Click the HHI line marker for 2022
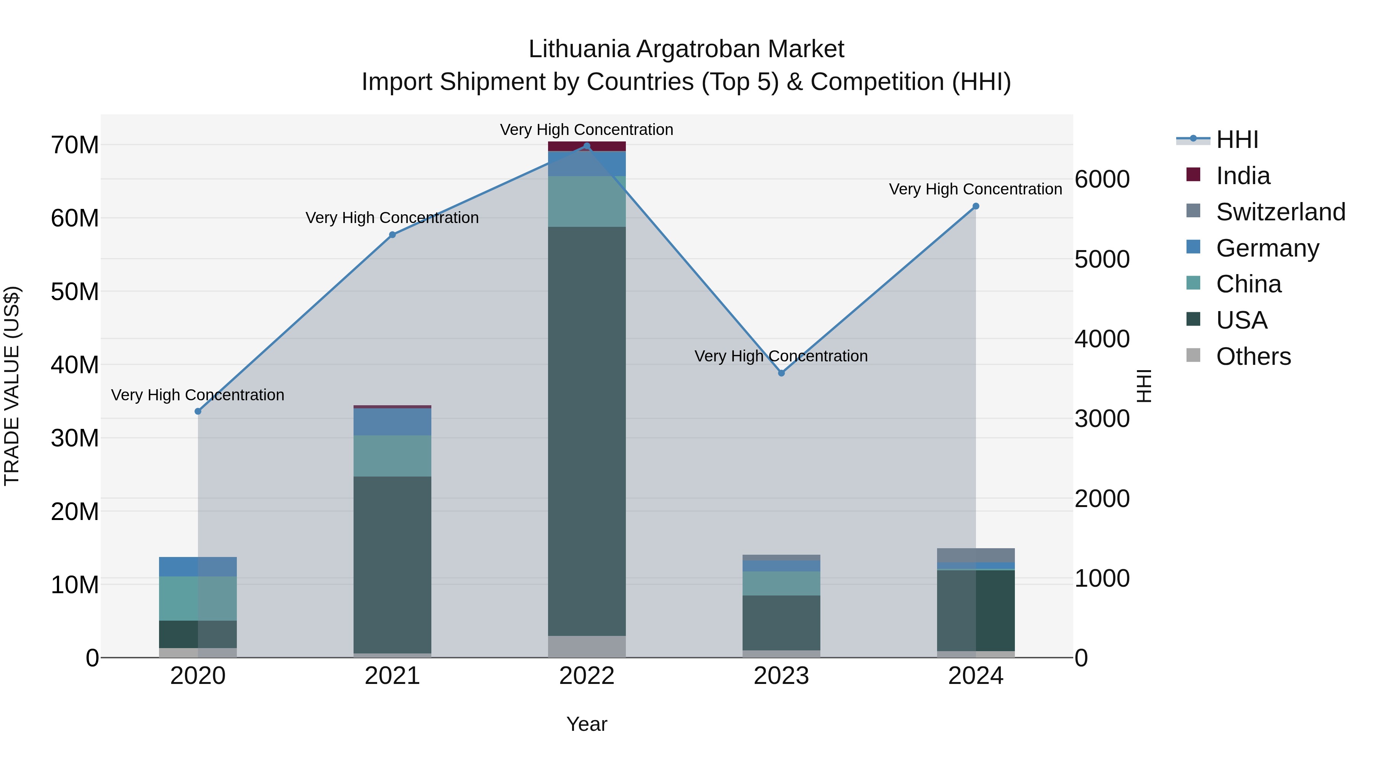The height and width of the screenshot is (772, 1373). click(x=587, y=146)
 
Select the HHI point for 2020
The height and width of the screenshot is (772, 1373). click(x=198, y=411)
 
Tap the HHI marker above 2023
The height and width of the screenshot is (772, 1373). click(x=781, y=373)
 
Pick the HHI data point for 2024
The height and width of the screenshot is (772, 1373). click(x=976, y=206)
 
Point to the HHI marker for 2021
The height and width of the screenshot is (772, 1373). click(x=392, y=235)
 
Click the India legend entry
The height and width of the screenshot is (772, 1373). click(x=1243, y=176)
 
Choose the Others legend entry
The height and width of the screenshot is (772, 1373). click(x=1253, y=356)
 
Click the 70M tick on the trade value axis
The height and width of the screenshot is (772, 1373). click(x=75, y=145)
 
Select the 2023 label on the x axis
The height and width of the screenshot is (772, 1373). click(x=781, y=676)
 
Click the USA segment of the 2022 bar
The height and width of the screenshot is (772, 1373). click(x=587, y=432)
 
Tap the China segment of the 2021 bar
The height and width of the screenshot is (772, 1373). click(x=392, y=456)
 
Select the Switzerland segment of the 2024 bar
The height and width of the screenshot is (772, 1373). click(x=976, y=555)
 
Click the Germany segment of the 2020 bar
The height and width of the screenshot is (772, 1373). click(x=198, y=567)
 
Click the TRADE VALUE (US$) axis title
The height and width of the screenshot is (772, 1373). click(x=12, y=386)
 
